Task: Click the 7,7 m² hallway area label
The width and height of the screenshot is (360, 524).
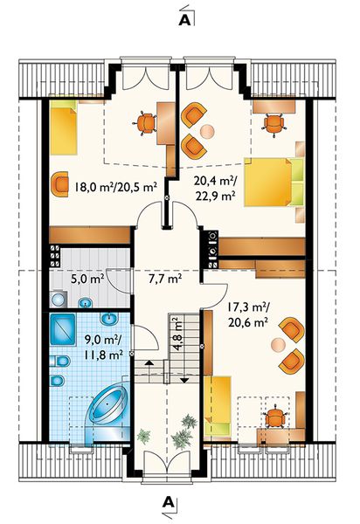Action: [x=165, y=278]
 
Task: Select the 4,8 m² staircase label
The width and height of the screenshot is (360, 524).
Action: [x=177, y=334]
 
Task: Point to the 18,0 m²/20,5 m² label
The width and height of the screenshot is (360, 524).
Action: [x=115, y=187]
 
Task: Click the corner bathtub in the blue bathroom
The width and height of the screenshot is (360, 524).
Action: [x=106, y=407]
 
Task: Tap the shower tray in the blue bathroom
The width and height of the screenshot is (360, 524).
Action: [x=63, y=329]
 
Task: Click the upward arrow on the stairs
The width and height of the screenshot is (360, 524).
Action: [x=149, y=362]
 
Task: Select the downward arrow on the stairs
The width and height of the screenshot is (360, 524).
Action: [x=184, y=380]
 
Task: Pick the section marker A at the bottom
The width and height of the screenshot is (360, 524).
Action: [x=169, y=502]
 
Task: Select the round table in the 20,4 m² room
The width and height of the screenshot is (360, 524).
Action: [x=207, y=131]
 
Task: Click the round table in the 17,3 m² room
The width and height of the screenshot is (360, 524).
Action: [x=278, y=345]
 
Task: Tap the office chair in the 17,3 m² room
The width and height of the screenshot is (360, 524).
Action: [x=274, y=417]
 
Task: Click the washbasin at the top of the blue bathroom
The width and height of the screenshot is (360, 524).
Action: [x=110, y=319]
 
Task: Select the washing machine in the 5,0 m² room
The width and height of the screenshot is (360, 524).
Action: [x=59, y=299]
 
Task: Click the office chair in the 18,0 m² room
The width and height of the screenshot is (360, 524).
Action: [x=145, y=122]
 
